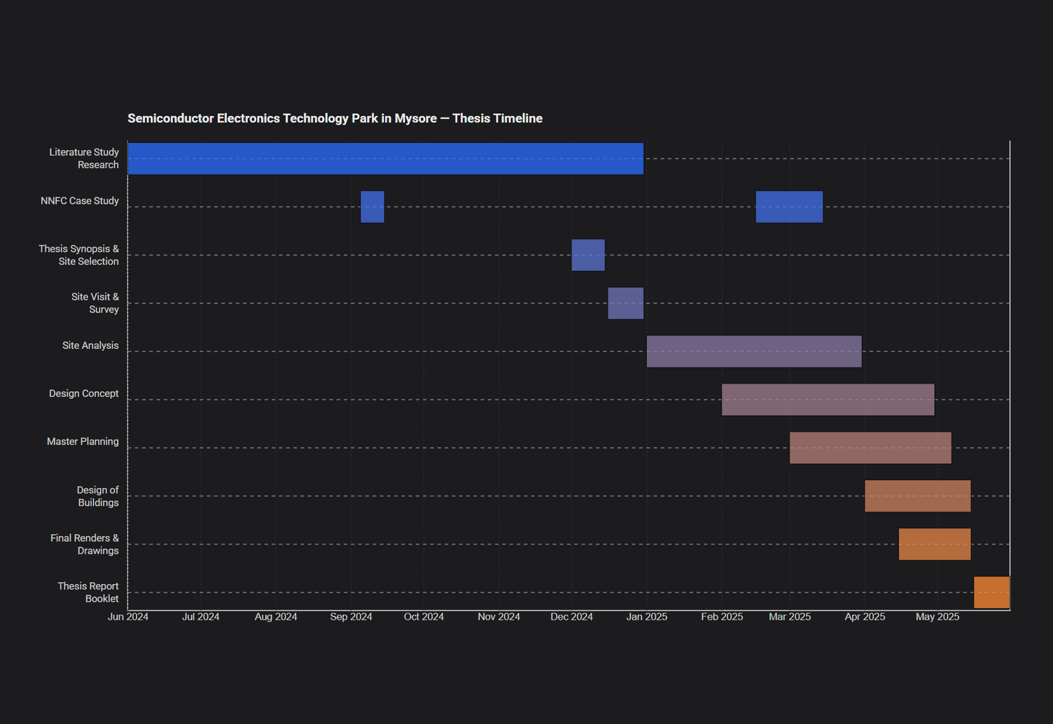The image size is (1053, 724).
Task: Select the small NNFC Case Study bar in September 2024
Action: coord(372,207)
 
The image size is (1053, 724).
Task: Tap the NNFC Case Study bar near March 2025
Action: coord(789,207)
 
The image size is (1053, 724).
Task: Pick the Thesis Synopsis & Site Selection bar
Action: coord(588,255)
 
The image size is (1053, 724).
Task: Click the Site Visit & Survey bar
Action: coord(625,303)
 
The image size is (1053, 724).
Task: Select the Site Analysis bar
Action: coord(754,351)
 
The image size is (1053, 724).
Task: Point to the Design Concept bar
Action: coord(828,400)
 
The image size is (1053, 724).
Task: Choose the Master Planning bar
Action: coord(870,448)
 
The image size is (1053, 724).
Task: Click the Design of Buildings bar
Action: coord(917,496)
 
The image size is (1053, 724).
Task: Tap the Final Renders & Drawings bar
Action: coord(935,544)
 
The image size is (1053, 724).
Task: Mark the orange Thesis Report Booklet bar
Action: coord(992,592)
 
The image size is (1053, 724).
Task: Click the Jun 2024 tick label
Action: coord(128,617)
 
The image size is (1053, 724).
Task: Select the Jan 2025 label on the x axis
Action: coord(647,617)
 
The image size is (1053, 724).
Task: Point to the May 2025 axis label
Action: coord(937,617)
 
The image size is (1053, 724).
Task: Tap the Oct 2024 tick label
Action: coord(423,617)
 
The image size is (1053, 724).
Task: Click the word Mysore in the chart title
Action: coord(416,118)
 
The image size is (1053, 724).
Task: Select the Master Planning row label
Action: coord(83,441)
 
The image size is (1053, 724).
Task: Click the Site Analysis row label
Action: coord(90,345)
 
